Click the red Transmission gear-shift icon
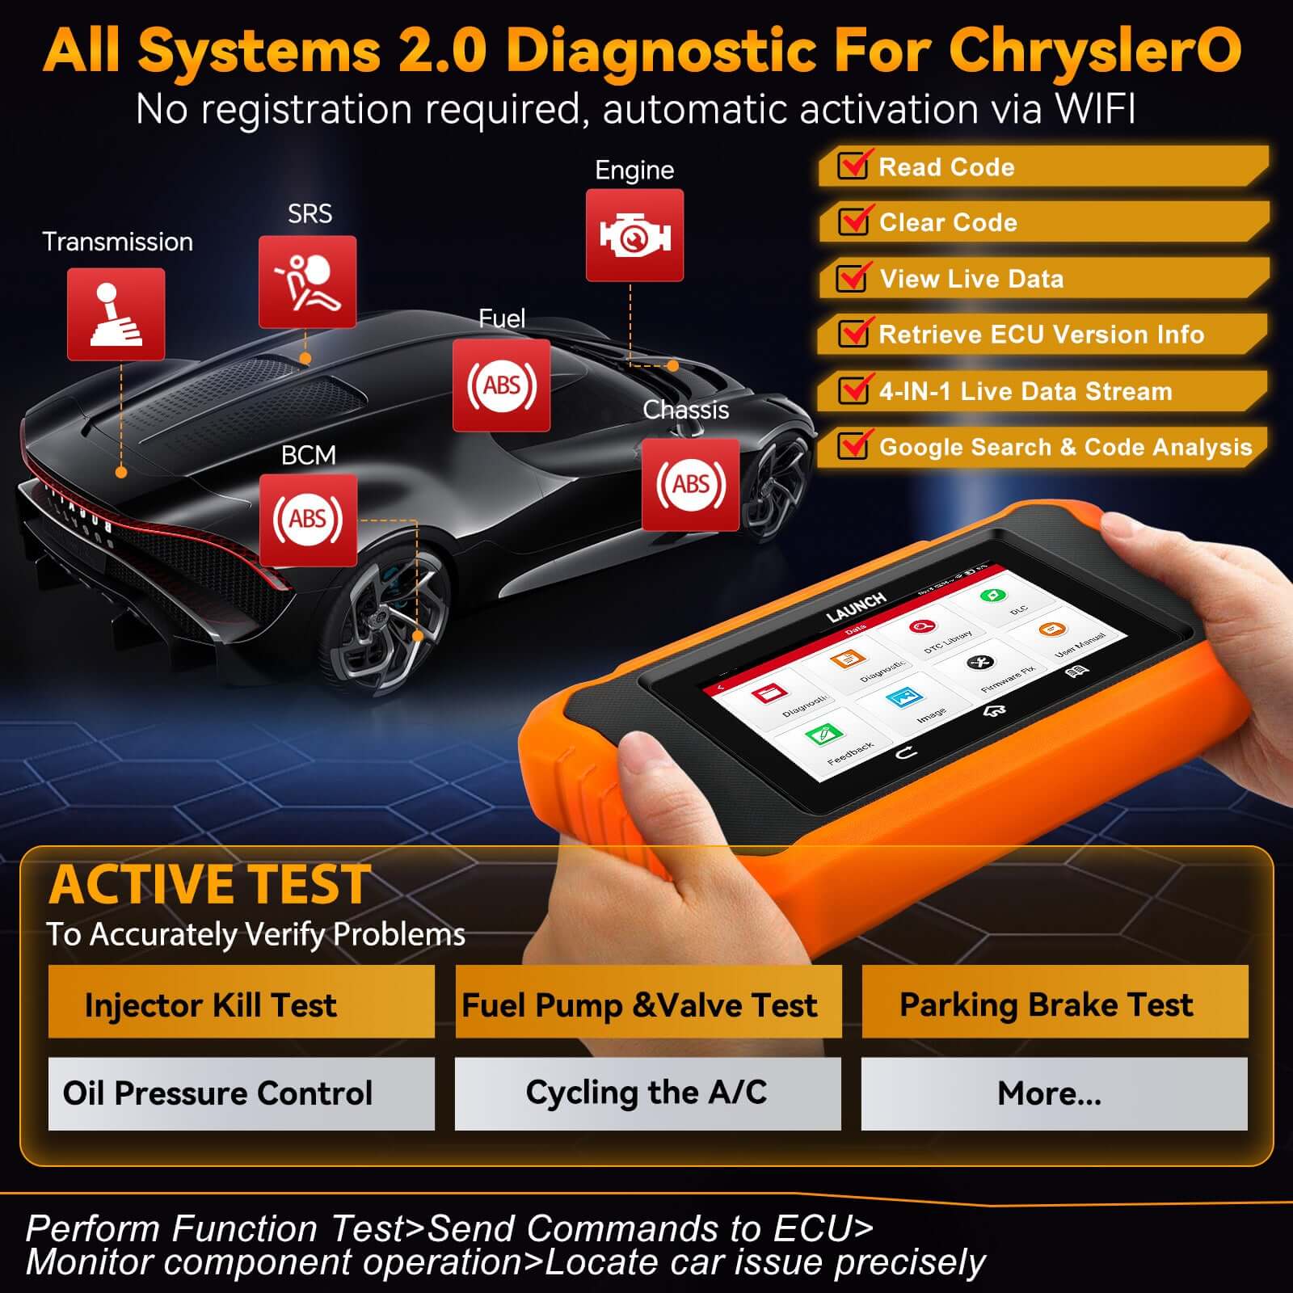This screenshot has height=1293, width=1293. (x=116, y=314)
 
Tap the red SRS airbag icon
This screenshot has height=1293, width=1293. (x=307, y=281)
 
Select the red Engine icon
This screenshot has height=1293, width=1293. (x=634, y=235)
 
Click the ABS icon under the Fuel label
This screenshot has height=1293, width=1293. (x=501, y=385)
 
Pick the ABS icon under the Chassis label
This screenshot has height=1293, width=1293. (x=690, y=484)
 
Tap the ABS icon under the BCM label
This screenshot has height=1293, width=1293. (x=308, y=519)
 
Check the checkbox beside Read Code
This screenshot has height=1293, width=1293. (x=853, y=166)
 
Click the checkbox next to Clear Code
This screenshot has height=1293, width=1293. (x=853, y=221)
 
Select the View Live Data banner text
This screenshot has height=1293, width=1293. (x=971, y=279)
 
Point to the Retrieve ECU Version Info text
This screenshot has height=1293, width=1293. (x=1041, y=335)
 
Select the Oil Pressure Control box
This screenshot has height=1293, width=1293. (x=241, y=1093)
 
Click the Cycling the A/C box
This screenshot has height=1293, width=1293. (x=647, y=1093)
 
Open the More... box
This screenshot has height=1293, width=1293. (x=1054, y=1093)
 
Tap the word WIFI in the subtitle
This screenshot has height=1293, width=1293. (x=1094, y=109)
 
